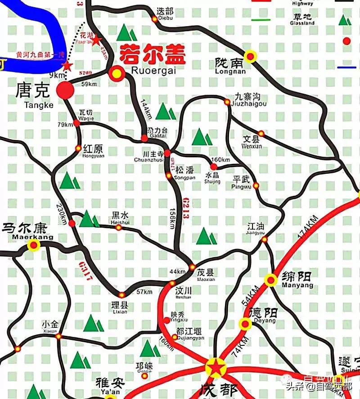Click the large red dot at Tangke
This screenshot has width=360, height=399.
click(x=65, y=90)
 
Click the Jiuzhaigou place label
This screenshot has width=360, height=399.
click(x=251, y=100)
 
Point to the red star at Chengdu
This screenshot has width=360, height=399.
click(x=216, y=368)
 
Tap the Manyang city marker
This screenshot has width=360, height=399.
click(x=270, y=280)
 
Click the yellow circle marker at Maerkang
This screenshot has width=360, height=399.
click(x=34, y=245)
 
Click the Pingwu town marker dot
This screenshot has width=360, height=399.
click(x=256, y=186)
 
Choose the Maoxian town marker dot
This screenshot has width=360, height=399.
click(x=192, y=267)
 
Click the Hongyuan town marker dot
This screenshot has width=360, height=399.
click(x=78, y=148)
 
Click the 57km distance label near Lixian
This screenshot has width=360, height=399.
click(x=144, y=292)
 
